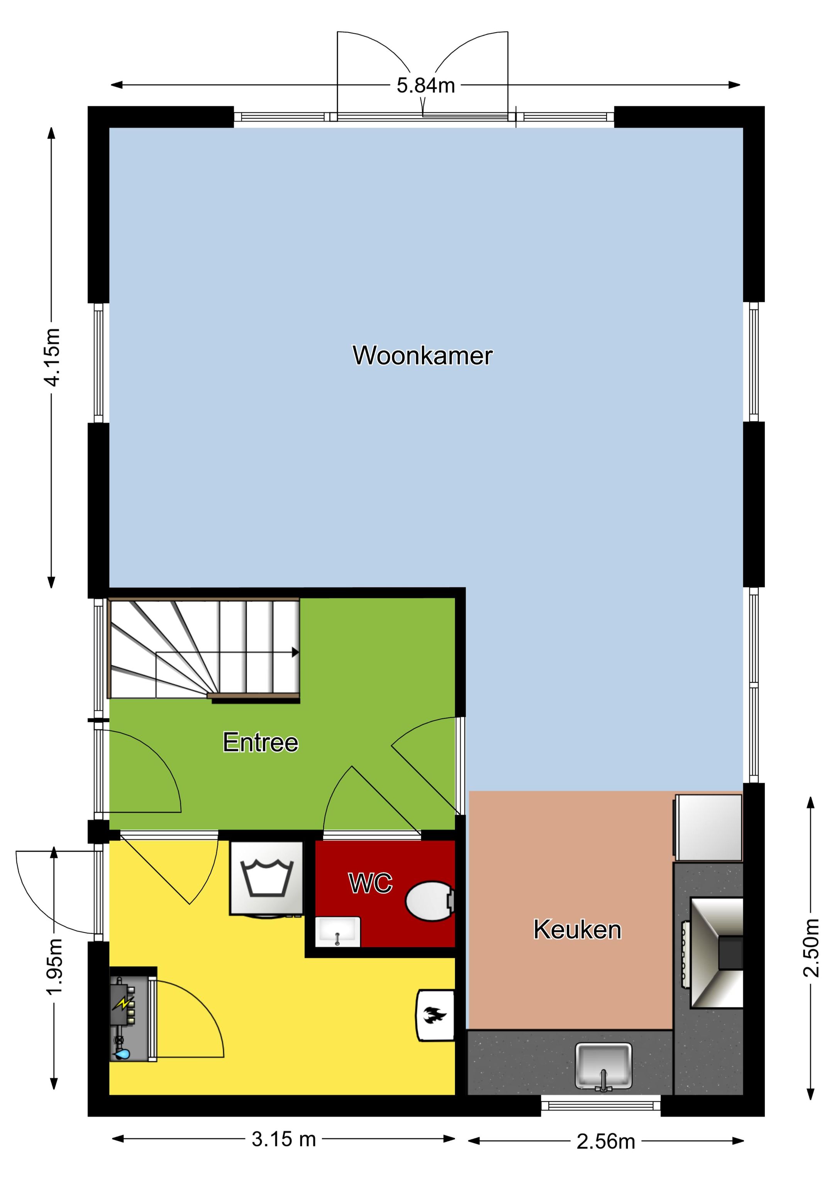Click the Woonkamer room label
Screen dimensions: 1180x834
(x=422, y=356)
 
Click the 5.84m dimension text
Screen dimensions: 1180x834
(x=425, y=85)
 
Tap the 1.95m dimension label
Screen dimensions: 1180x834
(x=54, y=966)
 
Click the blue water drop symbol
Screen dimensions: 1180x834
(x=122, y=1054)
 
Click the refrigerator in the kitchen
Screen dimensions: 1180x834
(x=709, y=827)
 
